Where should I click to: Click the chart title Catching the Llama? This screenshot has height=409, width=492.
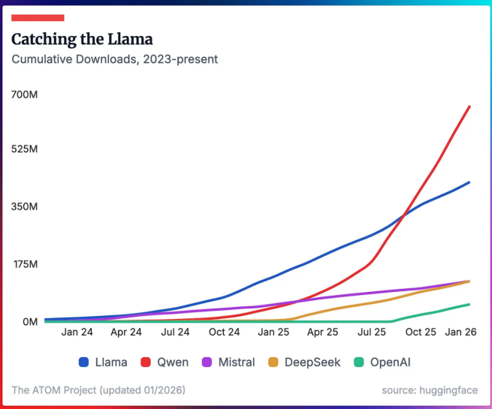pos(82,38)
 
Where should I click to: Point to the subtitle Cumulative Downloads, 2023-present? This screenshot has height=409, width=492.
pos(115,59)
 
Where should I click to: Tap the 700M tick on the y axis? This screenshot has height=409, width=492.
pos(25,95)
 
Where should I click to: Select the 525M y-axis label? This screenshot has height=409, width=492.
pos(25,149)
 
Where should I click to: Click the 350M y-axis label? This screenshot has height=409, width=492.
pos(25,206)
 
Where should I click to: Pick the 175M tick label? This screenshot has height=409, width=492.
pos(25,264)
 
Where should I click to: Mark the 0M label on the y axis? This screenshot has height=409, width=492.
pos(29,322)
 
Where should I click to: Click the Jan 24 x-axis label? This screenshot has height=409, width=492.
pos(77,332)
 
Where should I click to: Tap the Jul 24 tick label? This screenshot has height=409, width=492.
pos(175,332)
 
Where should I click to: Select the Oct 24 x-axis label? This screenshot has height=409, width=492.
pos(224,332)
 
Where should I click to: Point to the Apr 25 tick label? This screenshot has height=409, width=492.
pos(322,332)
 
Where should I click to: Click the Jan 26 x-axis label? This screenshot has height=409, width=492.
pos(460,332)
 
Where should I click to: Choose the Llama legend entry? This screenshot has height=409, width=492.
pos(103,362)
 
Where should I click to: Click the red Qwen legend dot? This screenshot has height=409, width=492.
pos(146,362)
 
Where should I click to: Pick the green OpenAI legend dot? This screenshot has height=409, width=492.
pos(359,362)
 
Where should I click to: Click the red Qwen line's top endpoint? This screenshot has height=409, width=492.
pos(469,107)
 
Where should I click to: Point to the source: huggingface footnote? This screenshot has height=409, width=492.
pos(429,390)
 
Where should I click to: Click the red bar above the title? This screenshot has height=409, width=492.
pos(38,17)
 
